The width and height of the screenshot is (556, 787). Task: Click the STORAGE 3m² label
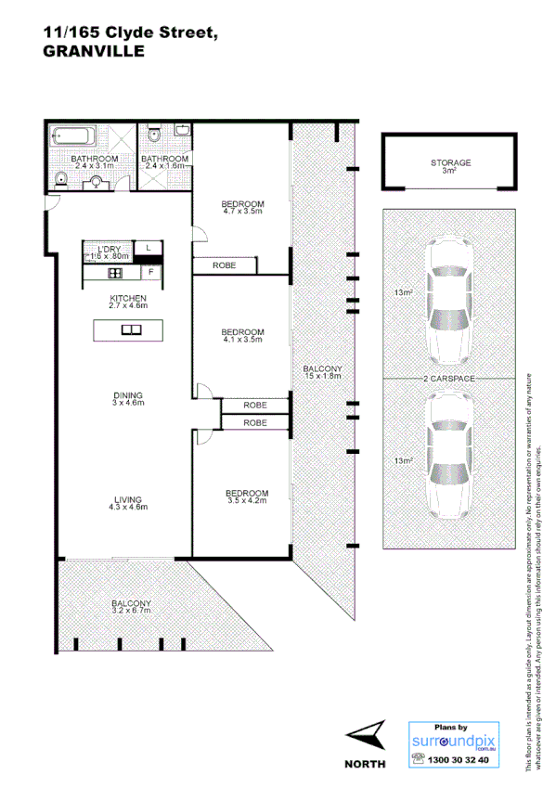tap(450, 167)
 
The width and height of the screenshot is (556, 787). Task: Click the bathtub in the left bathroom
tap(71, 136)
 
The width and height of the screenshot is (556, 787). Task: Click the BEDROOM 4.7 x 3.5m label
tap(242, 208)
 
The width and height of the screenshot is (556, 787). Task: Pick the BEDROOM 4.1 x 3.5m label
tap(242, 336)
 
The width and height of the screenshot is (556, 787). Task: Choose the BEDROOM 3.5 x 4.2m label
tap(246, 497)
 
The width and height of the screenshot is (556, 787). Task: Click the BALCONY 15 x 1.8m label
tap(323, 372)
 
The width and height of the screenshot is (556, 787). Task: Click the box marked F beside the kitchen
tap(149, 273)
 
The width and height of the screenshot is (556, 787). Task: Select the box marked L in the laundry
tap(149, 249)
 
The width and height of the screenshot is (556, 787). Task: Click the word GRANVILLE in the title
tap(94, 52)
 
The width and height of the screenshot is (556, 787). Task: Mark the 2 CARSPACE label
tap(450, 380)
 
